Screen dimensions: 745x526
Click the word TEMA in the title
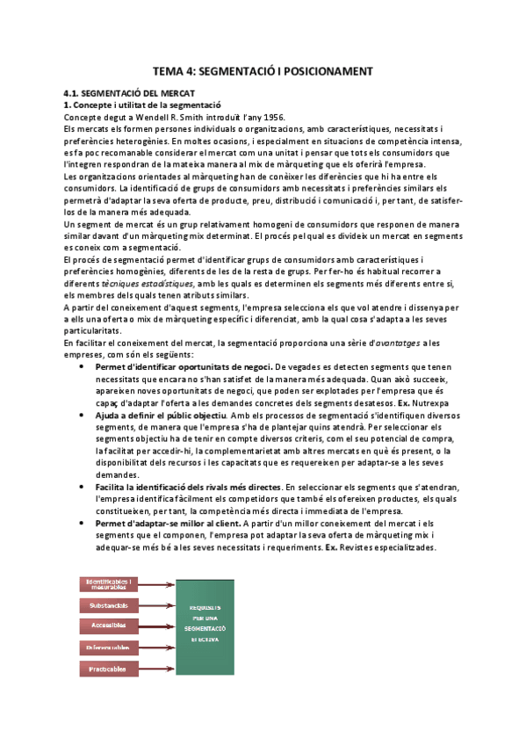point(169,71)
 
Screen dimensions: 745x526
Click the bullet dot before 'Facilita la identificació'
point(82,486)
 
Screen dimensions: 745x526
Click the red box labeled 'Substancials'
point(106,604)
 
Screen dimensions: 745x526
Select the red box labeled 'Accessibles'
point(106,626)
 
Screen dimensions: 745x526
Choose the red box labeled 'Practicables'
point(106,669)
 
